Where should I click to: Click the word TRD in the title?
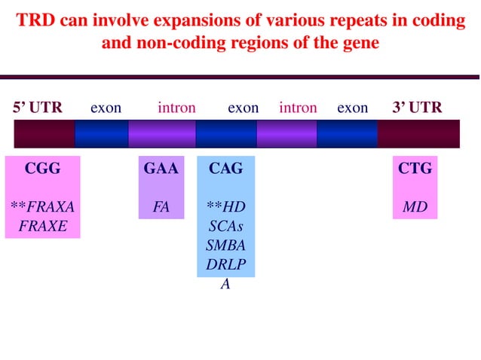(37, 21)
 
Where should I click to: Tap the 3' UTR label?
(417, 108)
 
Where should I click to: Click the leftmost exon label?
(106, 108)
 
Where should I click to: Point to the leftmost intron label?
(176, 108)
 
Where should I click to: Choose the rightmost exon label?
(352, 108)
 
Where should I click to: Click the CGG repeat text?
(42, 169)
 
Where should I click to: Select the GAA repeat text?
(161, 169)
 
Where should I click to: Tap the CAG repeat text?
(225, 169)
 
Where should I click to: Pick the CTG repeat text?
(415, 169)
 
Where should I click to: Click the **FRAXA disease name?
(42, 206)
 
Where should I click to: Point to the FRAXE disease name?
(42, 225)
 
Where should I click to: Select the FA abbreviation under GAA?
(161, 206)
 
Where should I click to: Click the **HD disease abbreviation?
(225, 206)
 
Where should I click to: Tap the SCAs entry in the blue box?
(225, 225)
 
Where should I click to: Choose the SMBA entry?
(225, 245)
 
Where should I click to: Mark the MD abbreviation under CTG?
(415, 206)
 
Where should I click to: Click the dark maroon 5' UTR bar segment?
(44, 133)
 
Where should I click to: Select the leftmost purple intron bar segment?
(161, 133)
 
